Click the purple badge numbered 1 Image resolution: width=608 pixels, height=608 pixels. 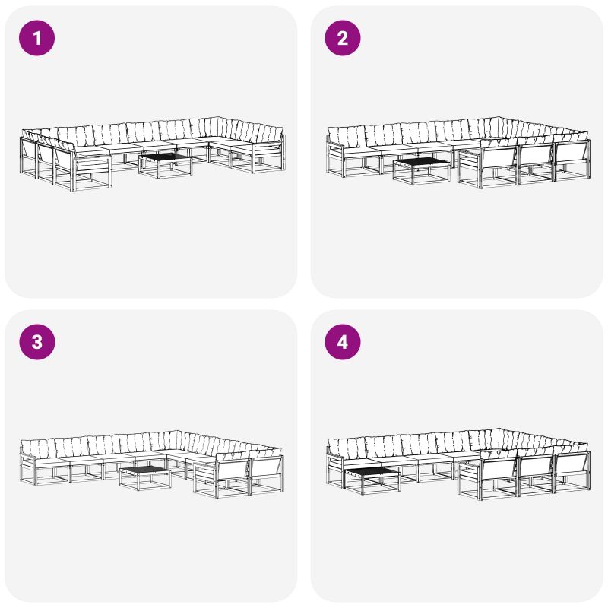pyautogui.click(x=36, y=38)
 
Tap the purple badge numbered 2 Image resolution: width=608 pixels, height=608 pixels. pyautogui.click(x=343, y=38)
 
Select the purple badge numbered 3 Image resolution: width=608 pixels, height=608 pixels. pyautogui.click(x=36, y=342)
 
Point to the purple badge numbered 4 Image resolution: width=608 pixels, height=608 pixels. pyautogui.click(x=343, y=342)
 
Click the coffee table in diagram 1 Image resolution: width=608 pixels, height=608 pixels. pyautogui.click(x=166, y=166)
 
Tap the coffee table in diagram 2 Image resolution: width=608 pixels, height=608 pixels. pyautogui.click(x=422, y=171)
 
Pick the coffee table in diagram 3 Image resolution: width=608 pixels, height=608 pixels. pyautogui.click(x=145, y=478)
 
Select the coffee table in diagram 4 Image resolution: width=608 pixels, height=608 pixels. pyautogui.click(x=372, y=480)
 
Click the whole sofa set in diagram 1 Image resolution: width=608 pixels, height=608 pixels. pyautogui.click(x=153, y=154)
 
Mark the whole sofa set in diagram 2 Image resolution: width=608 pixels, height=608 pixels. pyautogui.click(x=458, y=153)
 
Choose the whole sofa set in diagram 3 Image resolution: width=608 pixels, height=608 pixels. pyautogui.click(x=151, y=464)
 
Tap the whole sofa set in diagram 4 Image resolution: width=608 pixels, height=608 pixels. pyautogui.click(x=458, y=464)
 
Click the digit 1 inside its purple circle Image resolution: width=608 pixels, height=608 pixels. pyautogui.click(x=37, y=38)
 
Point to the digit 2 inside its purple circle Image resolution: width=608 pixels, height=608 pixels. pyautogui.click(x=343, y=38)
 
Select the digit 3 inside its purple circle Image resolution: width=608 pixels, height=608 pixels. pyautogui.click(x=36, y=342)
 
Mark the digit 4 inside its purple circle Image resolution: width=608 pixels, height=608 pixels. pyautogui.click(x=343, y=342)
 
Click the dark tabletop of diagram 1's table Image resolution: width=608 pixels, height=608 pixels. pyautogui.click(x=166, y=157)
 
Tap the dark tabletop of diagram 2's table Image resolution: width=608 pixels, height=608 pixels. pyautogui.click(x=422, y=161)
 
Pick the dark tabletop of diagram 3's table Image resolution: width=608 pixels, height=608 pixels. pyautogui.click(x=145, y=470)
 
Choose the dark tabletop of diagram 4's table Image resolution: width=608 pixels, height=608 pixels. pyautogui.click(x=372, y=471)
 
